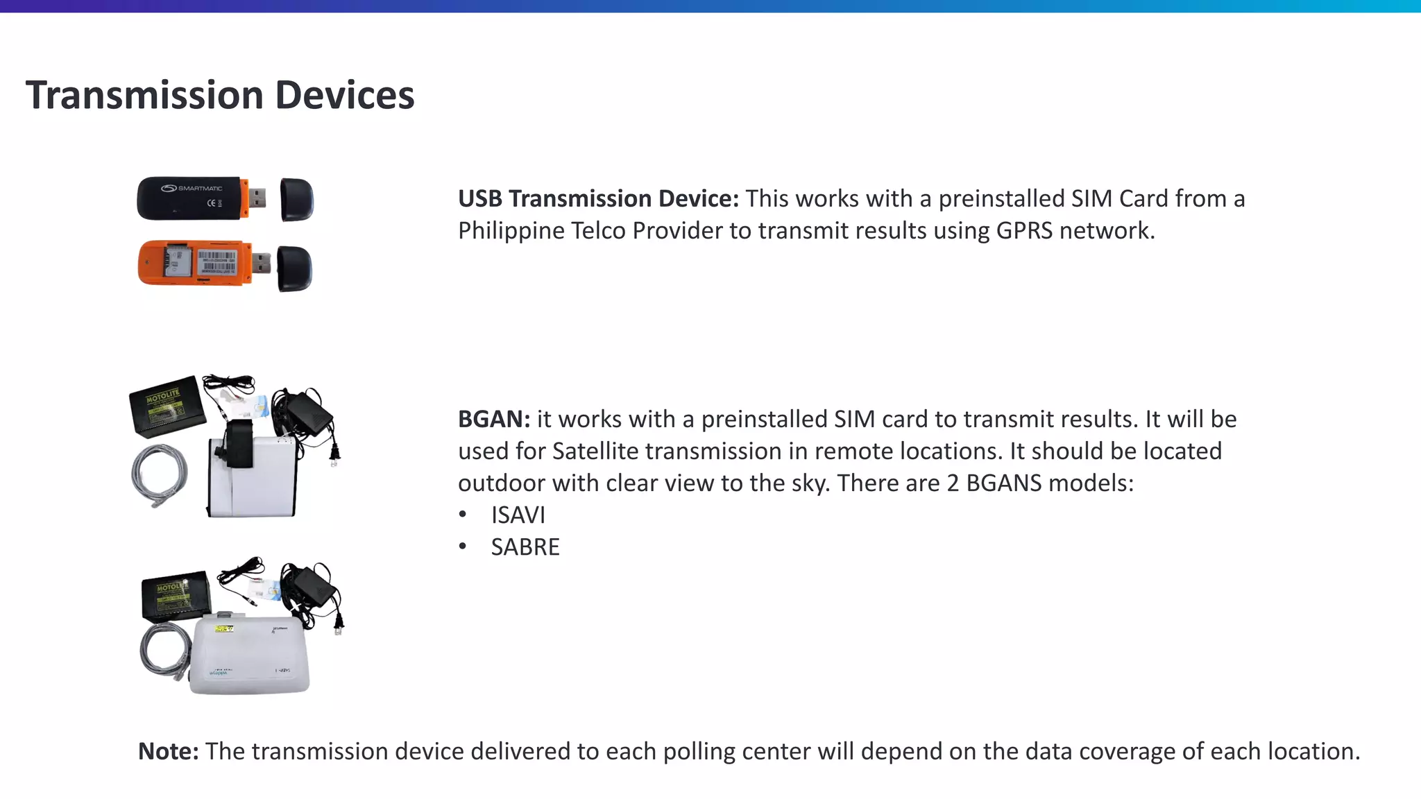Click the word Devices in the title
[344, 95]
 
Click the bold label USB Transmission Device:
[598, 199]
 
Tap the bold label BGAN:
[493, 420]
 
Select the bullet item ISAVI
[518, 515]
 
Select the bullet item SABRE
[525, 547]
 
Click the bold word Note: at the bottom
[168, 752]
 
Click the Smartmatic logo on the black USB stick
[192, 189]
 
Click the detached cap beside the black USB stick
[297, 200]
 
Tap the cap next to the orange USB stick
[294, 269]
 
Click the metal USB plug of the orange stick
[261, 264]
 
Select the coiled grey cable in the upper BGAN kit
[160, 475]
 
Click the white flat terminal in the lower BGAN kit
[250, 655]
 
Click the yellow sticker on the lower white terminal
[223, 629]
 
